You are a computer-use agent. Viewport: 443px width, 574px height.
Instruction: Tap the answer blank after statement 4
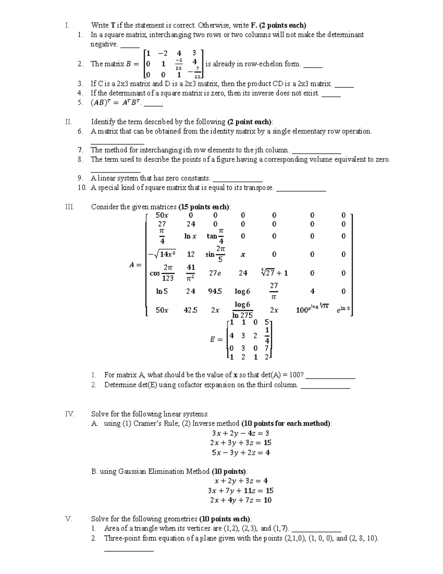(x=331, y=94)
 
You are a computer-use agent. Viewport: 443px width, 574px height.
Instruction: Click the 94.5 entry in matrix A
(x=215, y=292)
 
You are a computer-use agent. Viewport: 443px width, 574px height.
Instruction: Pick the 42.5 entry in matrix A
(x=190, y=310)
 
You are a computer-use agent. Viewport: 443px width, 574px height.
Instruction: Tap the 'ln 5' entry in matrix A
(x=162, y=292)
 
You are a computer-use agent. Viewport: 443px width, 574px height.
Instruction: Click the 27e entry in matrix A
(x=215, y=273)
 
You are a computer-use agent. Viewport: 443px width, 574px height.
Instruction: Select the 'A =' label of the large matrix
(x=135, y=265)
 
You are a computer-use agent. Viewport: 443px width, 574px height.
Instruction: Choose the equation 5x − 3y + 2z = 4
(x=240, y=453)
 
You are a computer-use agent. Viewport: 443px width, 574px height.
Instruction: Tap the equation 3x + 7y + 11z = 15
(x=240, y=491)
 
